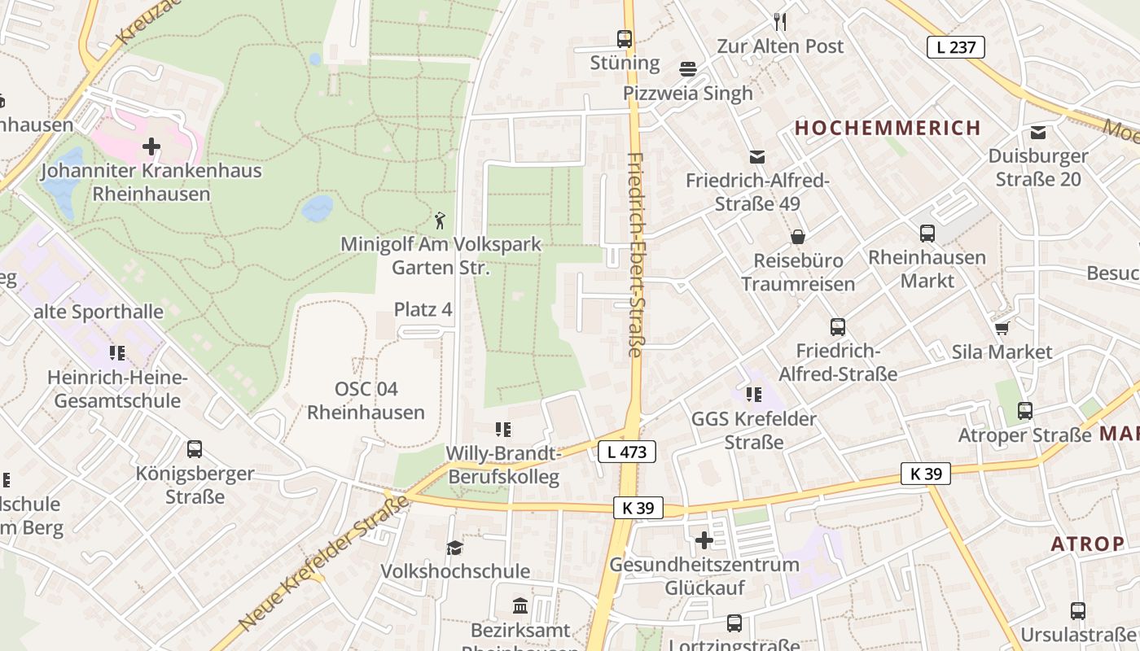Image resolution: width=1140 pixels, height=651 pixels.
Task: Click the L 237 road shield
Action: coord(956,47)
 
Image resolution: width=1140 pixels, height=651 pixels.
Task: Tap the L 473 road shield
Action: coord(626,452)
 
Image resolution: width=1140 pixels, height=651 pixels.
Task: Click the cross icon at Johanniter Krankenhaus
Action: coord(151,146)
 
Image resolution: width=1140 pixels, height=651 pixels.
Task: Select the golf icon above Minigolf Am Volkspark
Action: coord(441,220)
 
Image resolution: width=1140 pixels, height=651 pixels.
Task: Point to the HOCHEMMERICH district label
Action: coord(888,128)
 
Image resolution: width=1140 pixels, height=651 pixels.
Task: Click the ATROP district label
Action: coord(1087,544)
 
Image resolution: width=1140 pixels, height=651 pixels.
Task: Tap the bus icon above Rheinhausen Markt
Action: coord(927,234)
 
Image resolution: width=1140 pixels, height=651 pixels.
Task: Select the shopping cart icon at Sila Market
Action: coord(1002,328)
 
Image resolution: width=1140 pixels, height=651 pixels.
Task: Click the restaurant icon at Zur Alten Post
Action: coord(780,21)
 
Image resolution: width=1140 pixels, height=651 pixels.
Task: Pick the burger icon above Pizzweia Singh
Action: coord(688,68)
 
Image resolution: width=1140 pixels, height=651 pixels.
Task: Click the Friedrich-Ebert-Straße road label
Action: coord(635,255)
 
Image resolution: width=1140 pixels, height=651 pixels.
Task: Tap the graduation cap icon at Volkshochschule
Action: coord(454,548)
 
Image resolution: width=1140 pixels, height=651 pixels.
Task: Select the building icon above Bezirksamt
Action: coord(520,606)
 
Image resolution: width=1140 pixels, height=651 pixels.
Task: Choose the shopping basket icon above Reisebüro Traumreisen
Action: coord(798,237)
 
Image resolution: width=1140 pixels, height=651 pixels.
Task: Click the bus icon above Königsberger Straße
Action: coord(195,449)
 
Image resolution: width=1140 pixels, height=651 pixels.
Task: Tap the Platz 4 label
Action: coord(423,310)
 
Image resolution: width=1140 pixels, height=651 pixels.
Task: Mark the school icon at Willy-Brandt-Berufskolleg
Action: coord(502,429)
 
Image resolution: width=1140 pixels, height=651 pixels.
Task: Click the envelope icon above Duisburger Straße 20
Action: coord(1038,132)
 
